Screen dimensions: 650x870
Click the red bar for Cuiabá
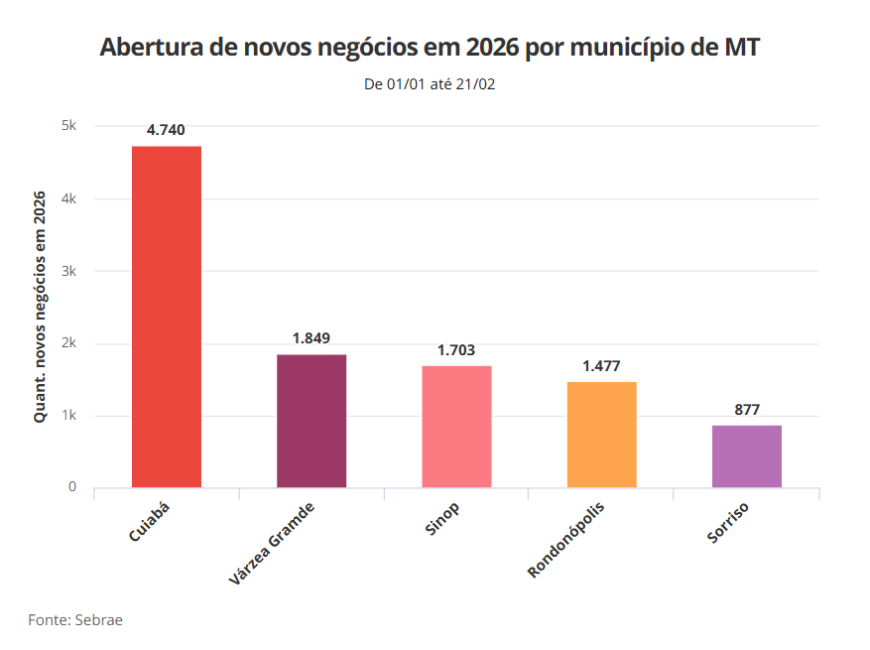point(167,317)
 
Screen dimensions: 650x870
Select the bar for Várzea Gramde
point(311,421)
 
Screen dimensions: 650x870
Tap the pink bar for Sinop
point(456,427)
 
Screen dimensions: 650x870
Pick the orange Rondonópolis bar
point(601,435)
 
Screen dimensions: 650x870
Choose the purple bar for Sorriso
point(746,456)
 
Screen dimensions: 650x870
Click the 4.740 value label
point(167,130)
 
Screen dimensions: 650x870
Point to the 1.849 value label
point(311,338)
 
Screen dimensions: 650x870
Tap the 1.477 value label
point(601,366)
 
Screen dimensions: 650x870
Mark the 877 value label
point(746,409)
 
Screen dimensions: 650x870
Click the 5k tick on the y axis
point(68,126)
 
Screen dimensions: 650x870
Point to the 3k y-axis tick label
point(68,271)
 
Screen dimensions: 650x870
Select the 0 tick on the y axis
point(72,487)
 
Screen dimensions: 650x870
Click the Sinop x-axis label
point(442,519)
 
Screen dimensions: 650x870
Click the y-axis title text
point(41,307)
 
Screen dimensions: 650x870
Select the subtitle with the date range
point(431,84)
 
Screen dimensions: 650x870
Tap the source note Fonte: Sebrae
point(75,619)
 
